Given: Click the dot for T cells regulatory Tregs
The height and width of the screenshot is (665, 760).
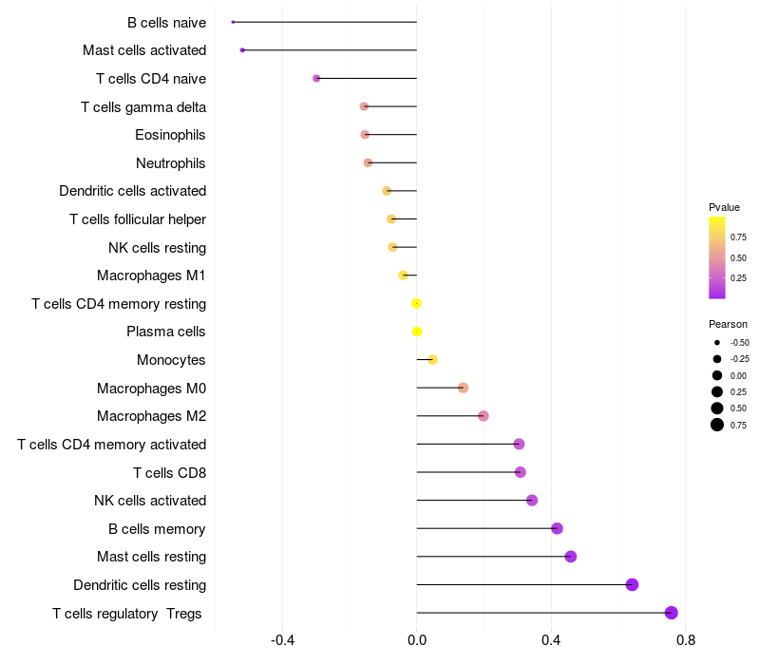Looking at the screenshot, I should click(672, 613).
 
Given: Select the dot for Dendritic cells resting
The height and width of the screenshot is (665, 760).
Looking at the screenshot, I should click(632, 584).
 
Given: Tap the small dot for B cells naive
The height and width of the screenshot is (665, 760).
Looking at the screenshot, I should click(233, 22).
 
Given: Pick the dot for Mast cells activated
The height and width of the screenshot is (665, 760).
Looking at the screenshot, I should click(242, 49).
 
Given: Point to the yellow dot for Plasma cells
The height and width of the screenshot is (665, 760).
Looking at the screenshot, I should click(416, 332).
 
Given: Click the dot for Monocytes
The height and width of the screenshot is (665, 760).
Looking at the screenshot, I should click(432, 359).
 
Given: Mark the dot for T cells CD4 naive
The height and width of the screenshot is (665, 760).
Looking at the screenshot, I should click(316, 78).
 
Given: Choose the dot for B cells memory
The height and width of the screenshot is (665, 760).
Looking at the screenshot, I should click(557, 528).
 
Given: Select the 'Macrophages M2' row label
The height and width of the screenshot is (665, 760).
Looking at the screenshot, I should click(151, 416).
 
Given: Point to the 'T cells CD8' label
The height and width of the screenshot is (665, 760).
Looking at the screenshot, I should click(169, 472).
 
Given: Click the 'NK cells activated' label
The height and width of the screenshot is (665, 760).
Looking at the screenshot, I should click(150, 501).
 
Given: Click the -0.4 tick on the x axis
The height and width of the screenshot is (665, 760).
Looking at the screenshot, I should click(282, 641).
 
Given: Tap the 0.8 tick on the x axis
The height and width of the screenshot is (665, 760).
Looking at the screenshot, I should click(686, 641).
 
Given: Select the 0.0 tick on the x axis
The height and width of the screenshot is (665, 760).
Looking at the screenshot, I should click(417, 641).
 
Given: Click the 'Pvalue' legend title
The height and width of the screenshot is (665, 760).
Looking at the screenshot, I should click(724, 207).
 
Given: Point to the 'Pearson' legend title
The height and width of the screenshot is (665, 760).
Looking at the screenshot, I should click(728, 324).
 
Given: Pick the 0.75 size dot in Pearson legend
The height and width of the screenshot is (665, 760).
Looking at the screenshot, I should click(717, 425).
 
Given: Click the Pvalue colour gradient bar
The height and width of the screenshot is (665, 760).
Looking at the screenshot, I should click(717, 256).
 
